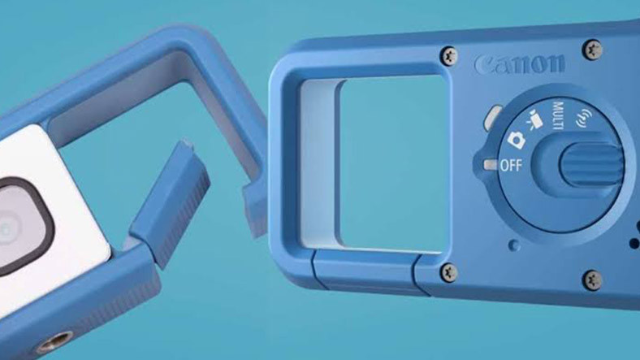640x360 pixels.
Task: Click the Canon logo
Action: point(520,64)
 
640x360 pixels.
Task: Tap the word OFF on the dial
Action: point(511,165)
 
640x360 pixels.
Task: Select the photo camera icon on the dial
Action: point(517,140)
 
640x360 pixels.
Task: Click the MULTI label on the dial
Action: point(558,115)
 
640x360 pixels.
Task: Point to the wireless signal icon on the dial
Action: point(584,118)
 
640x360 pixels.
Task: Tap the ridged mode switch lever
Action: point(592,164)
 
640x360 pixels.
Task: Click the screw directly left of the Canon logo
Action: point(449,55)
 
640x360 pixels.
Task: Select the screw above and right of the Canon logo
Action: point(593,49)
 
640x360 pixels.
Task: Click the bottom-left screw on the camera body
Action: point(449,271)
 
